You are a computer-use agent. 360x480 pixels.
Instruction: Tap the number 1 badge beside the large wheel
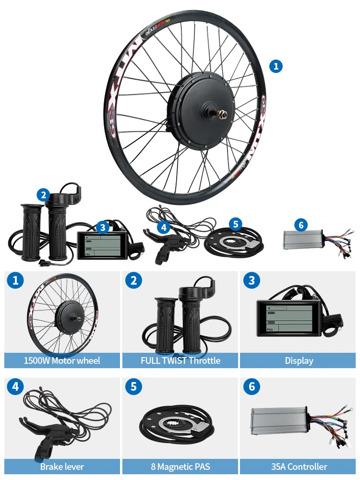tap(276, 66)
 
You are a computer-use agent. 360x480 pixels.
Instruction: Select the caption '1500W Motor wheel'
tap(62, 360)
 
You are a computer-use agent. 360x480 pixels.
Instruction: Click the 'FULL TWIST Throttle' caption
tap(180, 360)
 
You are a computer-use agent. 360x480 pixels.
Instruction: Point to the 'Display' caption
tap(299, 360)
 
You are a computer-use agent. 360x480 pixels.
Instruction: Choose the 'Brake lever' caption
tap(62, 467)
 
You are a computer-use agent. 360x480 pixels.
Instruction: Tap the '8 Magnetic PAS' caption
tap(180, 467)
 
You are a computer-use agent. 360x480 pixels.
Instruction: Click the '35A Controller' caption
tap(299, 467)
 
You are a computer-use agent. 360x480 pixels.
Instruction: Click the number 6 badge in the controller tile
tap(252, 386)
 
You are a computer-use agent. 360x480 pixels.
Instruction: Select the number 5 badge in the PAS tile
tap(134, 386)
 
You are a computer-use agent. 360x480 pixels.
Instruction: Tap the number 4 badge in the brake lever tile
tap(16, 386)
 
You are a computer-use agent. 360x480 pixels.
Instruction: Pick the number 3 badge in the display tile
tap(252, 280)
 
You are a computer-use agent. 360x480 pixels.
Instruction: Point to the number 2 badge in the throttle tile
tap(134, 280)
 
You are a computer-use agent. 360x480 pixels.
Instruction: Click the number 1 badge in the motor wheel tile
tap(16, 280)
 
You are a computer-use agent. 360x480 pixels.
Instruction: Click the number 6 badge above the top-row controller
tap(301, 224)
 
